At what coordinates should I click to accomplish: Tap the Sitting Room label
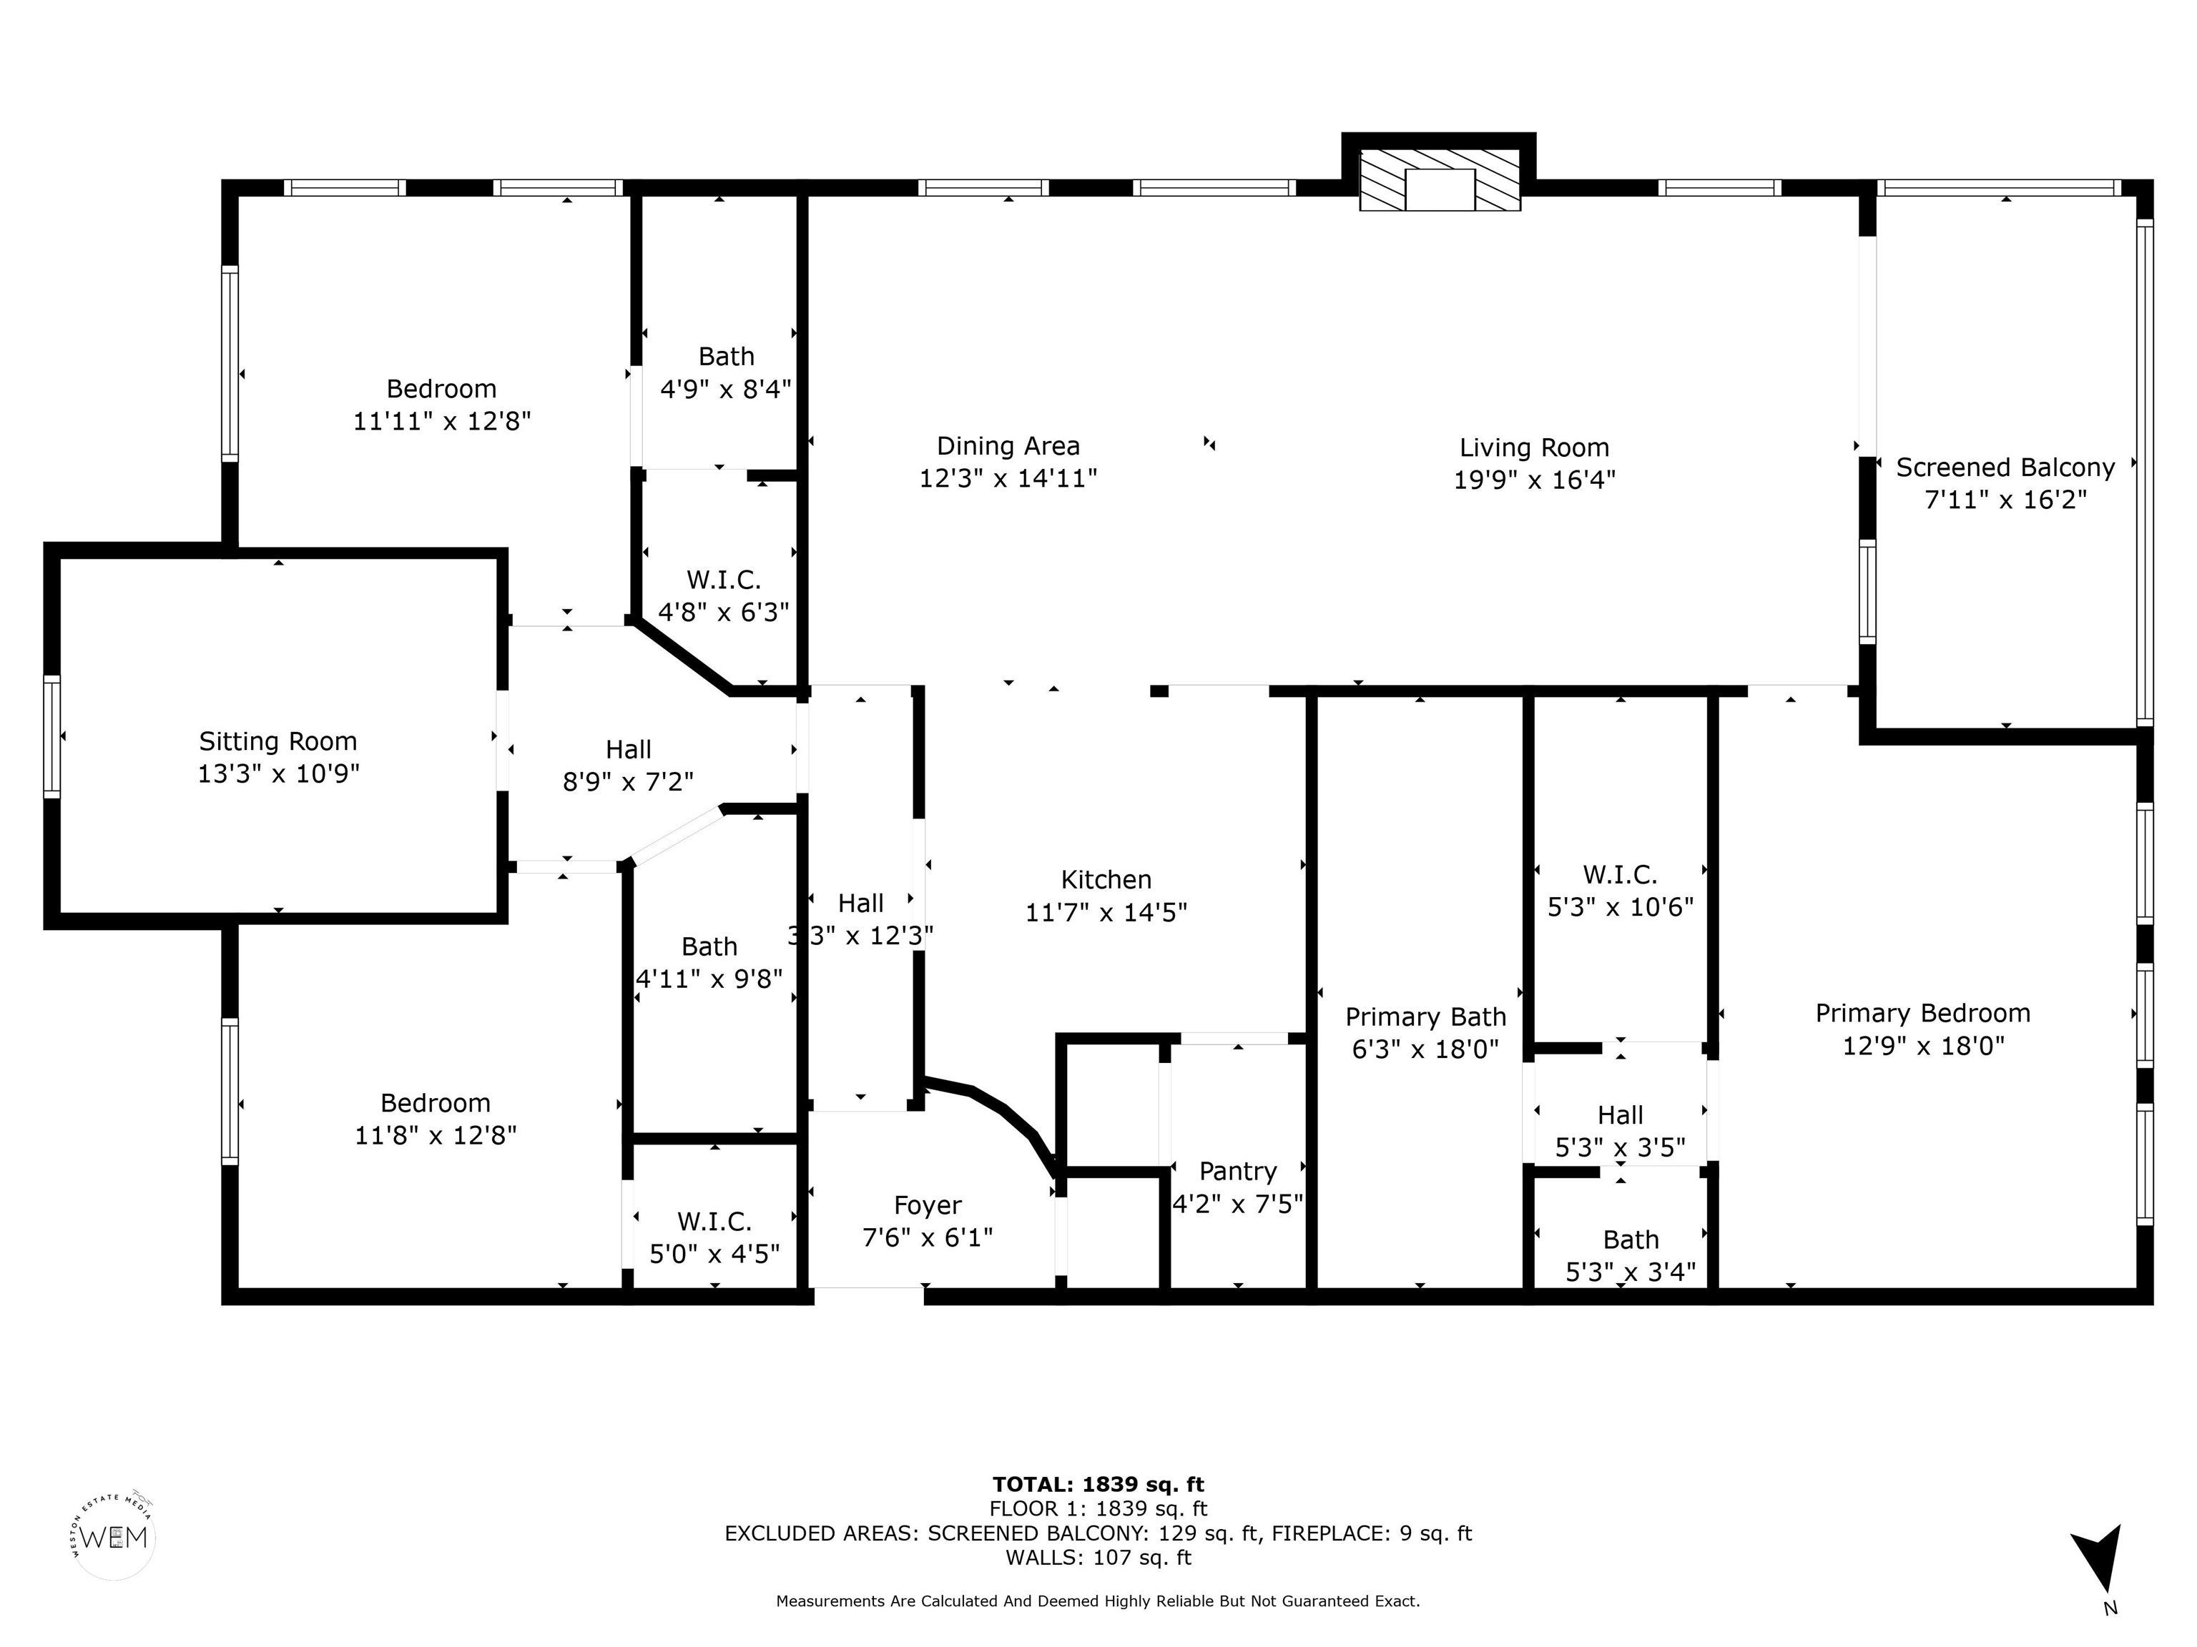tap(278, 741)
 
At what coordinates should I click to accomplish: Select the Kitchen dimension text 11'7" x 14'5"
tap(1106, 912)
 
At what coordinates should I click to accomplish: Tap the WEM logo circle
tap(114, 1537)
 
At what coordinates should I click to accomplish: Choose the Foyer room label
tap(928, 1206)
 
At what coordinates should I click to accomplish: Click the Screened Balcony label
tap(2005, 468)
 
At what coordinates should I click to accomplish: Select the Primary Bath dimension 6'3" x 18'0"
tap(1425, 1049)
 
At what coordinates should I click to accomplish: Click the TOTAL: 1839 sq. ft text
tap(1098, 1484)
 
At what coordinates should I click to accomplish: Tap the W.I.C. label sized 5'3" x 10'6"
tap(1620, 875)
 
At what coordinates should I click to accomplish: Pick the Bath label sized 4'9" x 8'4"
tap(726, 357)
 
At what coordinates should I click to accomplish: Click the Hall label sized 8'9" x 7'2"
tap(629, 750)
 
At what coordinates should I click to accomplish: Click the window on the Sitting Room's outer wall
tap(51, 736)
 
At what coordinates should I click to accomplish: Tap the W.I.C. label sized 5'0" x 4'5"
tap(714, 1221)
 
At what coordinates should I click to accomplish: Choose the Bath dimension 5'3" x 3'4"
tap(1631, 1272)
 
